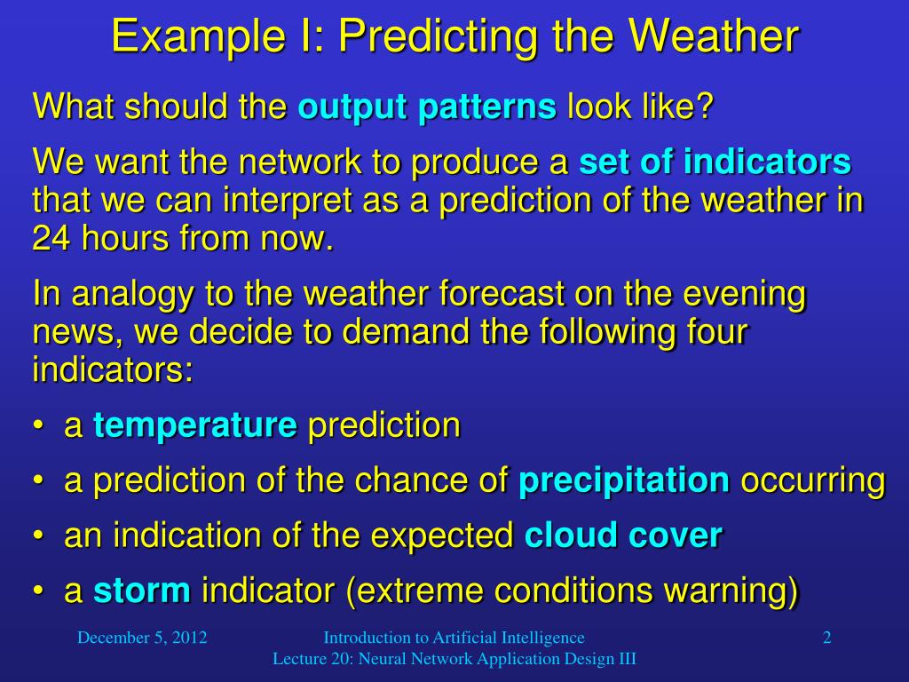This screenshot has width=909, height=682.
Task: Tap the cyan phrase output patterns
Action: (x=427, y=108)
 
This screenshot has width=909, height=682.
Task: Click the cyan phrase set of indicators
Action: (x=715, y=163)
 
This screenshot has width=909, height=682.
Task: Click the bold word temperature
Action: (x=195, y=426)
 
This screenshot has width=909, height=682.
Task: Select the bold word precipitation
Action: (x=623, y=481)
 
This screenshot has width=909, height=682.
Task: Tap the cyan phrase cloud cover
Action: (x=623, y=536)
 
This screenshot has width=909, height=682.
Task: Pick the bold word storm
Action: (x=142, y=591)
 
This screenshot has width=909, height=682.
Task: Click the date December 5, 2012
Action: (x=142, y=638)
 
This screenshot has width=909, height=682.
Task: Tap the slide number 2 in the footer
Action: (x=826, y=638)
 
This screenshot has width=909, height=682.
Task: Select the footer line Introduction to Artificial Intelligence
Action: (x=454, y=638)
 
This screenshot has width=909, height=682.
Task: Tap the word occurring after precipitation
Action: (x=812, y=481)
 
